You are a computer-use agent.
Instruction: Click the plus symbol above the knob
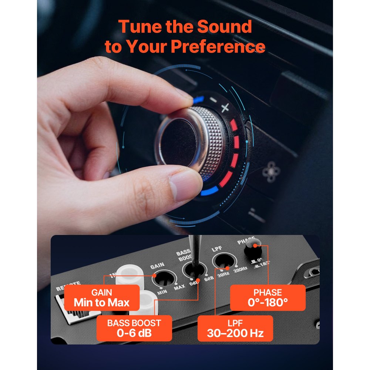(225, 108)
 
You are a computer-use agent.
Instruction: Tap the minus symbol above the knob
(213, 100)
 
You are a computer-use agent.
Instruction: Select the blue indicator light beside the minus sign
(198, 99)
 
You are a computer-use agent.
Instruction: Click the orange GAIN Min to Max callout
(102, 298)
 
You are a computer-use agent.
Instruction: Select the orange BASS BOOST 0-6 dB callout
(134, 328)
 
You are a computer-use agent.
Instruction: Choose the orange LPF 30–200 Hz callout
(235, 328)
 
